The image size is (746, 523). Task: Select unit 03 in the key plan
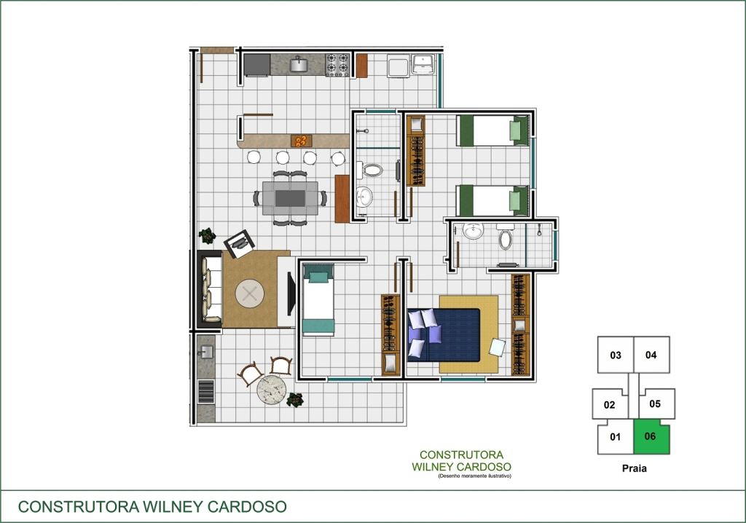(616, 355)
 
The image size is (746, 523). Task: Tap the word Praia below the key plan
(635, 468)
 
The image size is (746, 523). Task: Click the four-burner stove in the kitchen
(337, 66)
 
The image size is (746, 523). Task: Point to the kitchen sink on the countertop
(299, 64)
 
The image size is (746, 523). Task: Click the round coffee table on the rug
(249, 294)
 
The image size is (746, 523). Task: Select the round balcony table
(272, 390)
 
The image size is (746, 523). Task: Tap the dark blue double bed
(444, 335)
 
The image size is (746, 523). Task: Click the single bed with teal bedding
(318, 299)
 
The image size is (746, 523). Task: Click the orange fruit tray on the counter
(301, 141)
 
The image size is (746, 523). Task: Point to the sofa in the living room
(211, 289)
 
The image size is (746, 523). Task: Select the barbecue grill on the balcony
(206, 392)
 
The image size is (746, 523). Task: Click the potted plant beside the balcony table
(295, 400)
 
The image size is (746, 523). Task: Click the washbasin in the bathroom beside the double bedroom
(473, 231)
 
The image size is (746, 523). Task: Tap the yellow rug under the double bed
(468, 334)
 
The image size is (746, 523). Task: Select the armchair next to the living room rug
(239, 243)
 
